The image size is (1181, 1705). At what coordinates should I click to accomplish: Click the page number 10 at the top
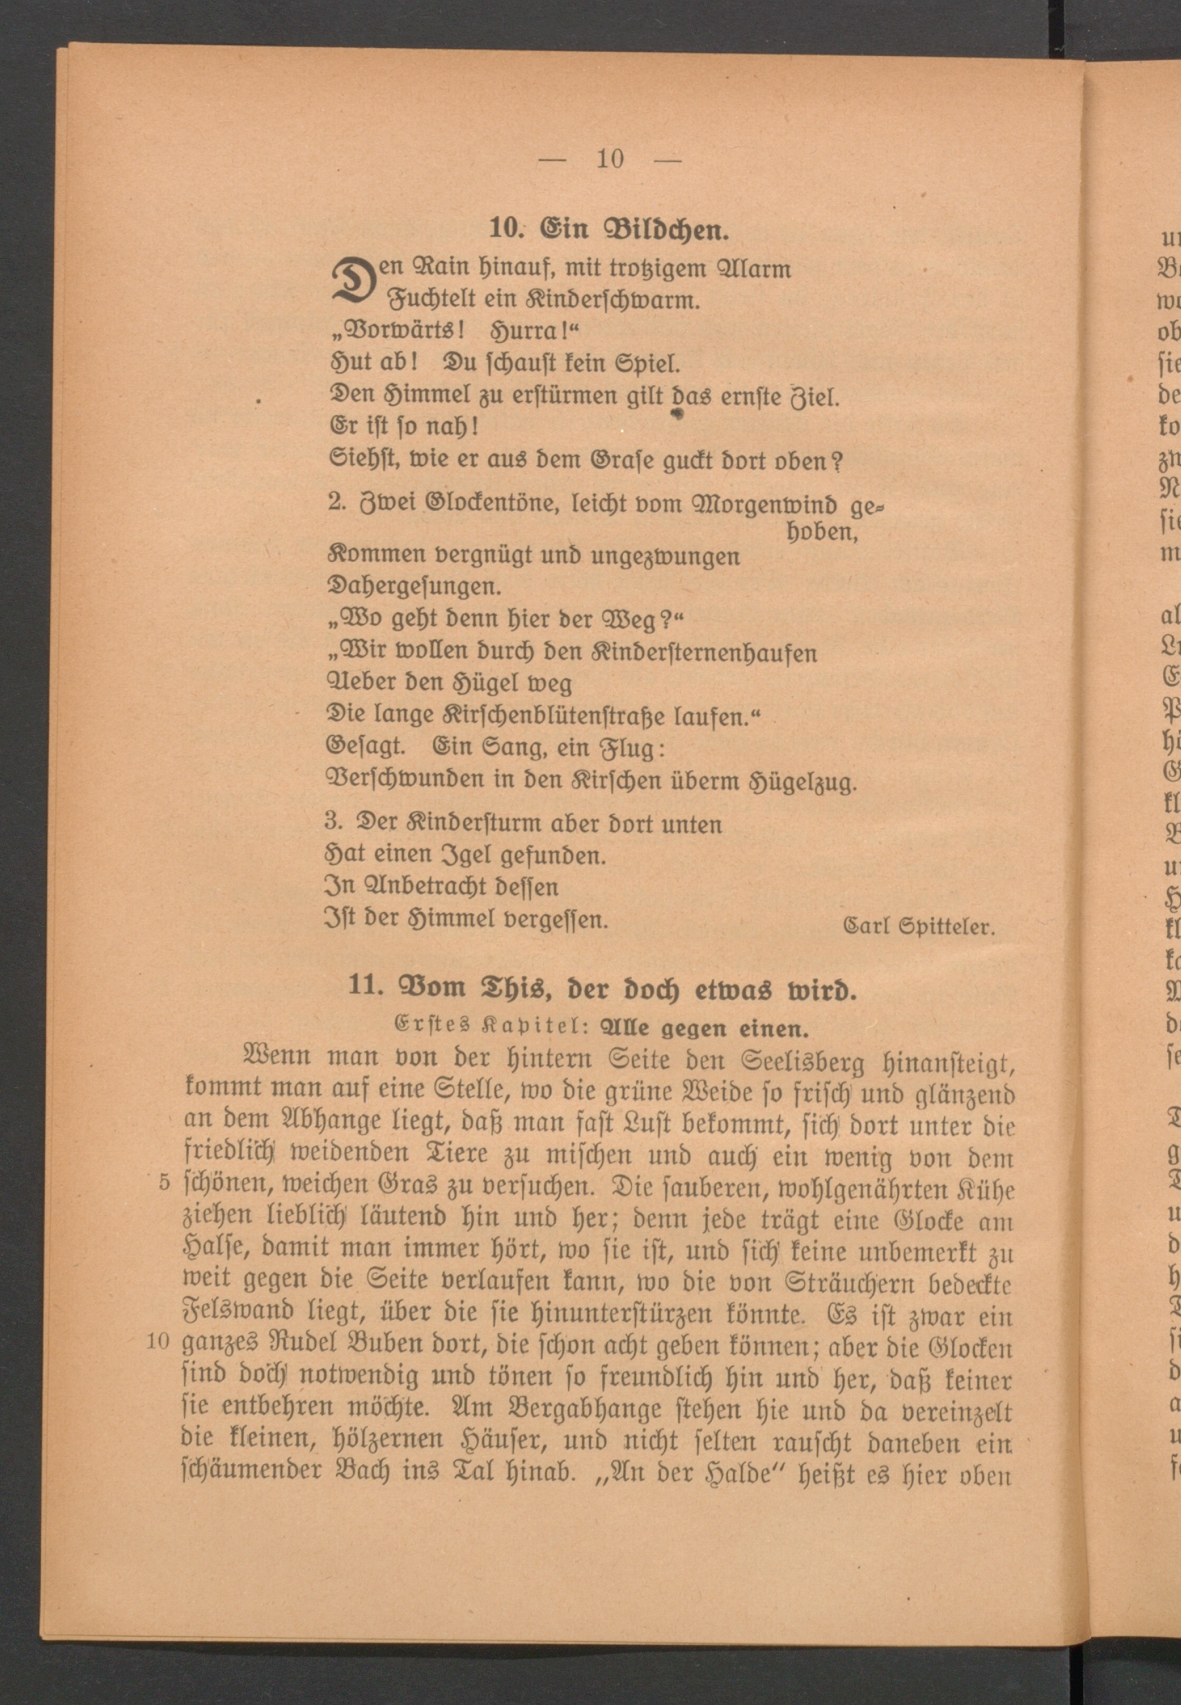(610, 159)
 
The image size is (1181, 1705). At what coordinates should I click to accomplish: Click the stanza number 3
(332, 823)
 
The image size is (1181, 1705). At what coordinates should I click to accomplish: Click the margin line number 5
(165, 1183)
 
